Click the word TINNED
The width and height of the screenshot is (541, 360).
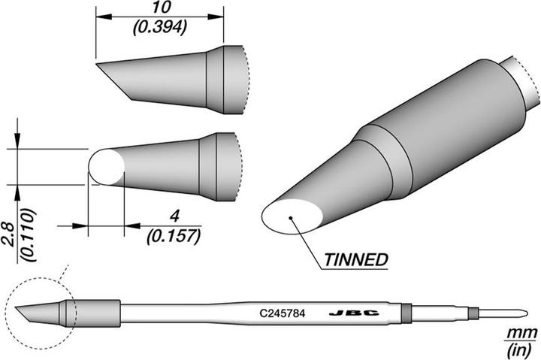(x=355, y=260)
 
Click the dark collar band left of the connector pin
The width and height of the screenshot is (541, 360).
(x=406, y=311)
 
